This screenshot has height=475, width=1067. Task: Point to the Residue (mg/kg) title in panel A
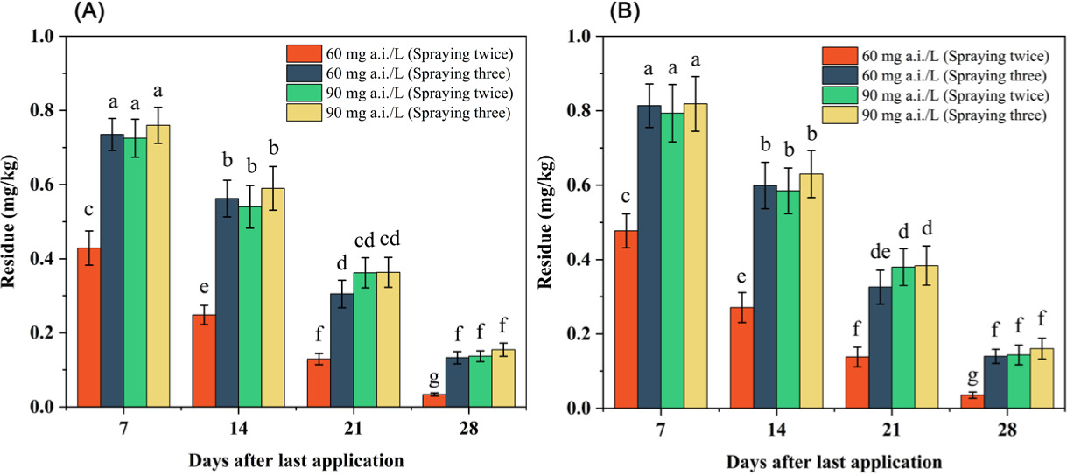(12, 222)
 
